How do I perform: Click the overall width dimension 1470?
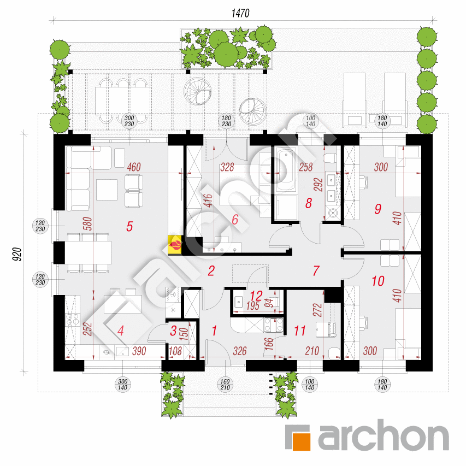pyautogui.click(x=240, y=13)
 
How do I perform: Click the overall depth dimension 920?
pyautogui.click(x=17, y=255)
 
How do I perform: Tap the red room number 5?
pyautogui.click(x=129, y=227)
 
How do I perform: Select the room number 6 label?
pyautogui.click(x=235, y=220)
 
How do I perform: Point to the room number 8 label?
pyautogui.click(x=309, y=203)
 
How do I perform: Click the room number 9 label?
pyautogui.click(x=377, y=209)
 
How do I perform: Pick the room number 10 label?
pyautogui.click(x=378, y=281)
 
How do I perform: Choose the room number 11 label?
pyautogui.click(x=299, y=331)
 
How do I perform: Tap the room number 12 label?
pyautogui.click(x=256, y=296)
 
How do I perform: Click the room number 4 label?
pyautogui.click(x=120, y=331)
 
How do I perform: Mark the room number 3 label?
pyautogui.click(x=173, y=331)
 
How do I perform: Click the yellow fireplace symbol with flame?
pyautogui.click(x=175, y=245)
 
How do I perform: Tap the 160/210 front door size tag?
pyautogui.click(x=225, y=385)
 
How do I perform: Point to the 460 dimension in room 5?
pyautogui.click(x=134, y=167)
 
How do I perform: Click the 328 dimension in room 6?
pyautogui.click(x=227, y=167)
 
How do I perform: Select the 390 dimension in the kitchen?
pyautogui.click(x=139, y=351)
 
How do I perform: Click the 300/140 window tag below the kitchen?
pyautogui.click(x=122, y=385)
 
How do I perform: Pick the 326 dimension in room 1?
pyautogui.click(x=240, y=351)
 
